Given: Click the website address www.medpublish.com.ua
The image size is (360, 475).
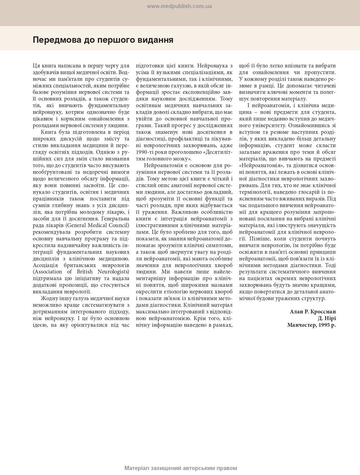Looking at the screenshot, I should (x=179, y=6).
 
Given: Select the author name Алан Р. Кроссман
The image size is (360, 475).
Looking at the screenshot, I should (x=313, y=311).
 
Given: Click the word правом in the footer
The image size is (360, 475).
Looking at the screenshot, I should (x=227, y=468).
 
